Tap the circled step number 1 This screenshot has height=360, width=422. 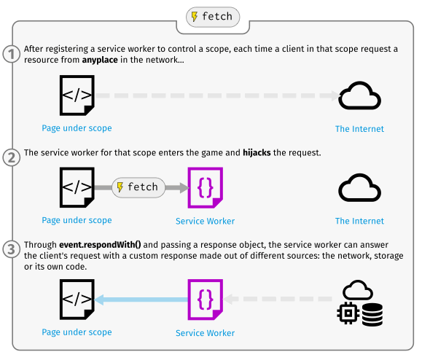click(12, 54)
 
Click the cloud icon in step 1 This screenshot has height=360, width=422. click(359, 95)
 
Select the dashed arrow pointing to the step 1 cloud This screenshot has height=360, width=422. click(219, 95)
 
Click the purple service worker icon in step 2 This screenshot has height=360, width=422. click(205, 188)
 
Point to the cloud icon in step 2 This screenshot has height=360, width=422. click(359, 187)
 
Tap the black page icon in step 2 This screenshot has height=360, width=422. click(77, 188)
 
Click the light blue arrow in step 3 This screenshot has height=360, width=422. click(142, 299)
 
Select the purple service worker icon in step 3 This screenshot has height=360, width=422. click(205, 300)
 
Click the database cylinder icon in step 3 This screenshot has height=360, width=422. click(372, 316)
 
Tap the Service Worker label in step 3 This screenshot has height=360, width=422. click(205, 333)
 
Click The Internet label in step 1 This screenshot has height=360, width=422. click(359, 129)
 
